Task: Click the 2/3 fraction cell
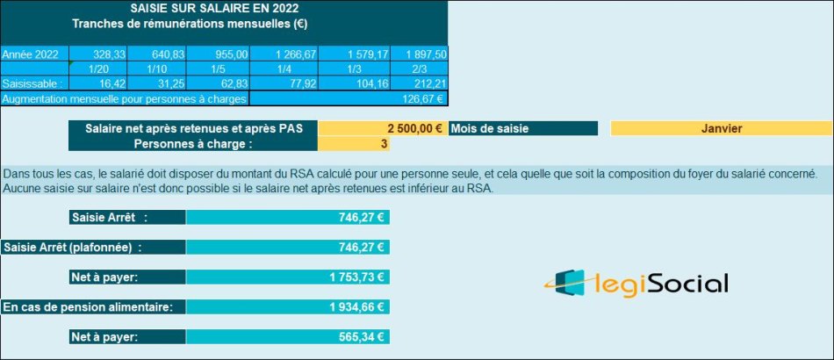point(419,68)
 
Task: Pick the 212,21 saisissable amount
point(421,83)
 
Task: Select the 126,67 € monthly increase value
point(420,98)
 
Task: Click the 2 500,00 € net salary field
point(382,128)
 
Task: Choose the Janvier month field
point(722,128)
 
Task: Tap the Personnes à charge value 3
point(382,144)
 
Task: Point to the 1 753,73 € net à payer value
point(288,277)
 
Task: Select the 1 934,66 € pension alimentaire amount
point(288,307)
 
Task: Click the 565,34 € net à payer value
point(288,337)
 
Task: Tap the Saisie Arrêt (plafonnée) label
point(73,248)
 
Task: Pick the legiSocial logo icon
point(570,283)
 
